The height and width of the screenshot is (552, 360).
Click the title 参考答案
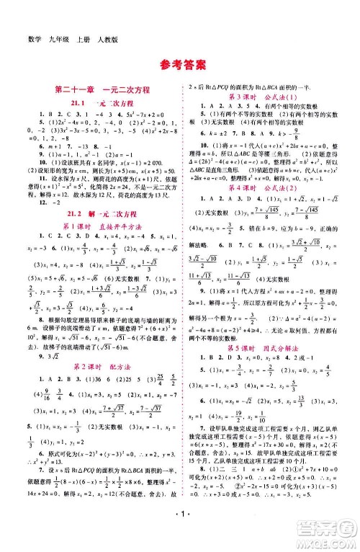tap(179, 62)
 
